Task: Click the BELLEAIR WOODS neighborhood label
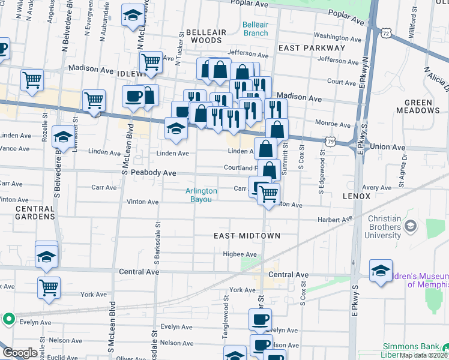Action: (206, 36)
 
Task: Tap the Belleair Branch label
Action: (256, 29)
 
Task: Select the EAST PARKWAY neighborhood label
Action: (312, 47)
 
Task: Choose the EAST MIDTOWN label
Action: (247, 236)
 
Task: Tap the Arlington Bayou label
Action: (201, 195)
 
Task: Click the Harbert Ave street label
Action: (339, 220)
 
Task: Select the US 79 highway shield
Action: (331, 141)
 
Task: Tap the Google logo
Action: (20, 353)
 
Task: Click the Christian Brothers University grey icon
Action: (411, 226)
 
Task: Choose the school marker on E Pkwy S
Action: (381, 271)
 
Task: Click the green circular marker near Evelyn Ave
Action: (9, 319)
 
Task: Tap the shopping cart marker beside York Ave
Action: (49, 287)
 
